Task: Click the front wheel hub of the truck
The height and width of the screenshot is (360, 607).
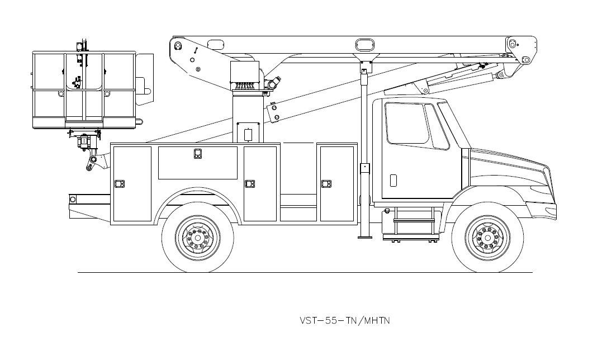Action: coord(488,238)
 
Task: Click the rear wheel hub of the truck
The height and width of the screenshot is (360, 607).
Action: coord(198,238)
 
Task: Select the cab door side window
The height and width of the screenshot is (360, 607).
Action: coord(406,123)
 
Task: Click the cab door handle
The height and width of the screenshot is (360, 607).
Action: coord(393,180)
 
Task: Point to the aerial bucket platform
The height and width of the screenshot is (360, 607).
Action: coord(84,89)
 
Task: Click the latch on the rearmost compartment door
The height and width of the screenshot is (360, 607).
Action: coord(119,183)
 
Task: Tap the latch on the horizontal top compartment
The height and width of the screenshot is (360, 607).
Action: coord(197,154)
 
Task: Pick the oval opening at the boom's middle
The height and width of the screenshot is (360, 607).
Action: coord(364,44)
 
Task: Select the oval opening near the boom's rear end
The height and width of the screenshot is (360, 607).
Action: coord(215,44)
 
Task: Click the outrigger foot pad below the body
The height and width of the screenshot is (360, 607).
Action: coord(365,237)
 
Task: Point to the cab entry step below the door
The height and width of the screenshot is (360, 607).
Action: coord(413,221)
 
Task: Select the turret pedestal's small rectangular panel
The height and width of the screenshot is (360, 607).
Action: coord(248,135)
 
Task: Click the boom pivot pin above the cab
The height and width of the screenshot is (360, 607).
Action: coord(525,60)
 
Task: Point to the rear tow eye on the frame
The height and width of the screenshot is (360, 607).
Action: coord(72,198)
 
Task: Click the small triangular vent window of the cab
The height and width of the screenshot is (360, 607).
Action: coord(438,127)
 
